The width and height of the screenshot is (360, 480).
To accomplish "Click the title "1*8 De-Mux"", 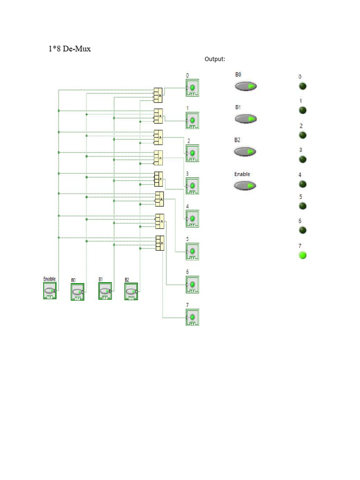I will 69,49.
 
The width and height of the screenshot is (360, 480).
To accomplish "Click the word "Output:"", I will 215,59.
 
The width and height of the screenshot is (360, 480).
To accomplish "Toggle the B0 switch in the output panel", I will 246,86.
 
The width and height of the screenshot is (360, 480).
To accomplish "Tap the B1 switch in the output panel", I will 246,119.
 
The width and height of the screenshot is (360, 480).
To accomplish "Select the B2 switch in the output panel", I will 246,152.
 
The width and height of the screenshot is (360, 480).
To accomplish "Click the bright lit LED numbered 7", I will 303,255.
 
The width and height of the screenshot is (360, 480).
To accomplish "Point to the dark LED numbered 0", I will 303,86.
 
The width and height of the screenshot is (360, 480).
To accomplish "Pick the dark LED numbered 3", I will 303,159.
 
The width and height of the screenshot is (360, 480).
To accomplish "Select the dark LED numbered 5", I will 303,206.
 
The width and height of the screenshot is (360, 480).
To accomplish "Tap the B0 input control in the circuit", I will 77,292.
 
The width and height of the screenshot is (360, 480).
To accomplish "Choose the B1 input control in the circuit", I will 105,292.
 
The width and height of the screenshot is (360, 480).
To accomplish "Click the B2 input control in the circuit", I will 131,292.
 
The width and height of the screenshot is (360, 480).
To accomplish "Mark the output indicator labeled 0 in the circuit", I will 192,88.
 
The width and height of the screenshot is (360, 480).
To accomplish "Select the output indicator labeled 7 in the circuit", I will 192,317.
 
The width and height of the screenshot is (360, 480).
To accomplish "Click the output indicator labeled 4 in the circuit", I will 192,219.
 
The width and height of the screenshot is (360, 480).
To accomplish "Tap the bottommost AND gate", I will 160,243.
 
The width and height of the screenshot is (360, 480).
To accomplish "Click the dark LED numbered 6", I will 303,230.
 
